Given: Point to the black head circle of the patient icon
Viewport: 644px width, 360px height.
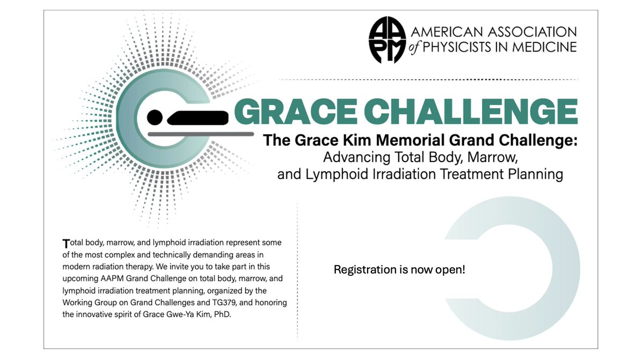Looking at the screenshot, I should (155, 116).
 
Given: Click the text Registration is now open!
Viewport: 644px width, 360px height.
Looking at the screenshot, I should (399, 269).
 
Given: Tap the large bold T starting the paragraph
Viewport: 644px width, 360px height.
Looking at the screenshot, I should (66, 243).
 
